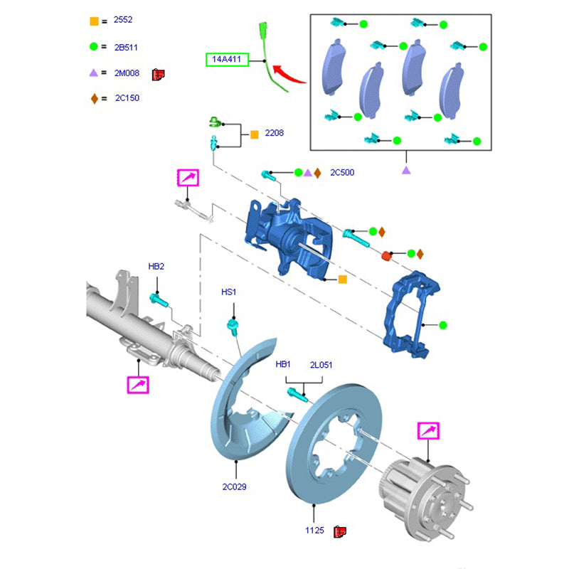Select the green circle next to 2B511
click(x=94, y=47)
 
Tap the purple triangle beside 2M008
click(x=94, y=73)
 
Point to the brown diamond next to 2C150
click(x=94, y=98)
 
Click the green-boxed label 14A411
click(x=227, y=60)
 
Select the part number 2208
click(x=275, y=133)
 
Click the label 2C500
click(x=342, y=172)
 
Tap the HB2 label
click(x=156, y=267)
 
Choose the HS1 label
click(x=228, y=292)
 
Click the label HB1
click(x=284, y=364)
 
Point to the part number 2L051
click(x=320, y=364)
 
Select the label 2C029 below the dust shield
click(x=234, y=486)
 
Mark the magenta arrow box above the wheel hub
click(x=428, y=431)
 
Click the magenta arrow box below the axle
click(x=137, y=385)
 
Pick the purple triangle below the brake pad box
click(x=406, y=170)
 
